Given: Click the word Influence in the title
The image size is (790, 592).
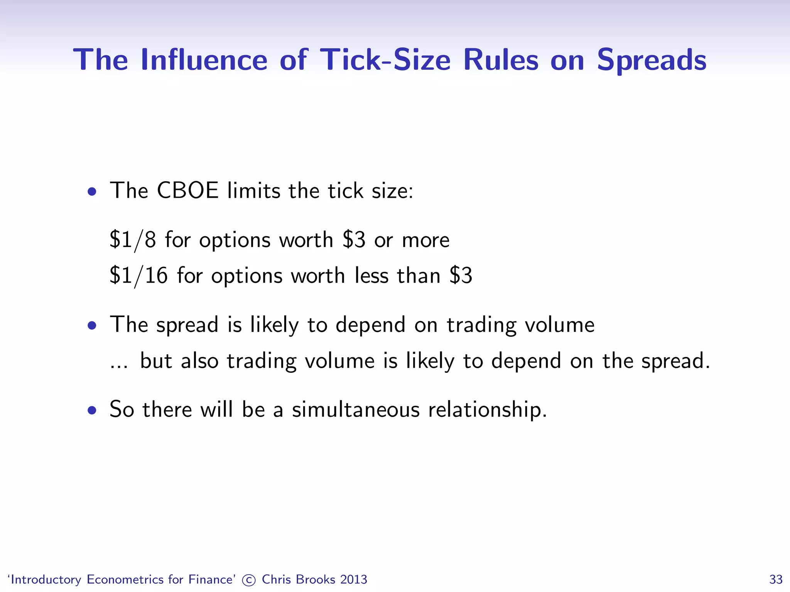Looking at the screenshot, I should (204, 60).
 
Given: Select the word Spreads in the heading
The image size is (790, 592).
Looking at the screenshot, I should (652, 60).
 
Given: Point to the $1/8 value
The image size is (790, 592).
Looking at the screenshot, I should (133, 240).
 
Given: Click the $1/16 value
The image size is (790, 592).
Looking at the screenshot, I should (138, 276).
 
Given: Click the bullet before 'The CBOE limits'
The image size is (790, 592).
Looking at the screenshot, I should (92, 192).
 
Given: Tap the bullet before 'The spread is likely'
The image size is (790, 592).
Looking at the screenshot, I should (92, 326).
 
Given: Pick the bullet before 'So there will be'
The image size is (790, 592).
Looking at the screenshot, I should (92, 410).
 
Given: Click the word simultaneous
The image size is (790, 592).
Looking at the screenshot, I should (355, 409).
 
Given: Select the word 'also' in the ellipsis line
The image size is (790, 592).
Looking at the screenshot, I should (199, 361).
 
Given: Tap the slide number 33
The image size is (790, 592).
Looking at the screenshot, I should (776, 580).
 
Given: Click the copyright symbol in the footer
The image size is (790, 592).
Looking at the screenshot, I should (249, 580).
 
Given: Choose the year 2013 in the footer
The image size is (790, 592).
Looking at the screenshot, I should (354, 579).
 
